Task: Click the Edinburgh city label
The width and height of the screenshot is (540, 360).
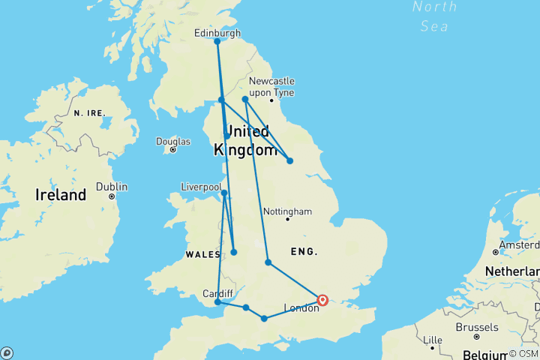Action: pos(217,33)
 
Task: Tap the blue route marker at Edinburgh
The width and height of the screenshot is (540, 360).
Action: pos(217,41)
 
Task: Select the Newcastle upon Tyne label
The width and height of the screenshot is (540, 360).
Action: pos(271,86)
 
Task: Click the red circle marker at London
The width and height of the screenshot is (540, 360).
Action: pos(322,300)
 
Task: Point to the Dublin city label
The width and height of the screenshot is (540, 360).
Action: pos(112,187)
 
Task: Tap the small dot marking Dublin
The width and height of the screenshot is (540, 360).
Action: pos(112,196)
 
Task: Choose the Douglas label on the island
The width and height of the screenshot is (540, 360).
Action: pos(172,141)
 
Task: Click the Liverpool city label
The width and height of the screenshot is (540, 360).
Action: pos(201,187)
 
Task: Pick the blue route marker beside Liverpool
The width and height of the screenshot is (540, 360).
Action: pos(224,193)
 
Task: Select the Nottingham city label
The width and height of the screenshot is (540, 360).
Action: pos(287,211)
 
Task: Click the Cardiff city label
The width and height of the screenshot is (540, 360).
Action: pos(217,293)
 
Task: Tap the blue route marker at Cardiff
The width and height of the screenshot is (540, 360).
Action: pos(217,302)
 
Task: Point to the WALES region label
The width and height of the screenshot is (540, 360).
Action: pos(202,254)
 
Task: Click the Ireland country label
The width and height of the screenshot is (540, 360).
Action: pos(61,195)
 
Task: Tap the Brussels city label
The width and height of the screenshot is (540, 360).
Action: pos(477,327)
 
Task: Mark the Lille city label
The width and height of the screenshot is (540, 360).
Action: pos(433,340)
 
